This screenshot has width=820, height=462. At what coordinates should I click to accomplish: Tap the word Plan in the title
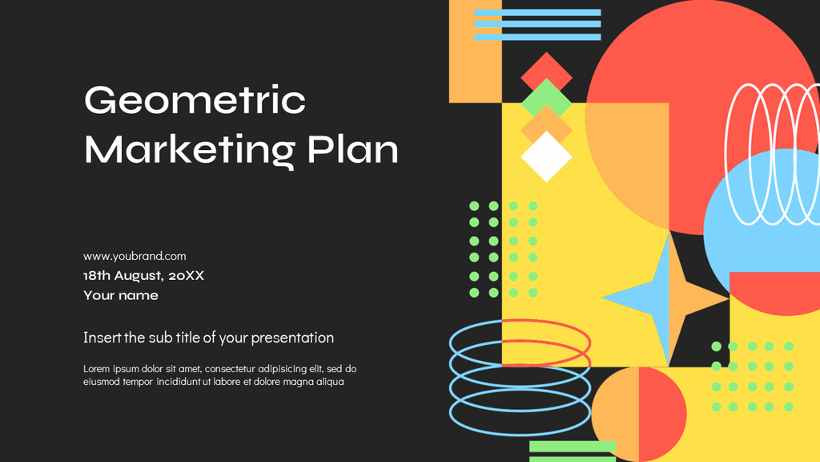point(352,150)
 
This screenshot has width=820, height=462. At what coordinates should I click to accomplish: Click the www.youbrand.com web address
point(135,256)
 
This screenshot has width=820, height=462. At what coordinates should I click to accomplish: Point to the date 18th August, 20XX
point(143,275)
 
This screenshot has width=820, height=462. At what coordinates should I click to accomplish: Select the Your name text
point(121,295)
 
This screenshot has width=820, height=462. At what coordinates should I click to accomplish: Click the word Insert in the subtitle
point(102,338)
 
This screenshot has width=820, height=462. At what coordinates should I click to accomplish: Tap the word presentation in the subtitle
point(292,338)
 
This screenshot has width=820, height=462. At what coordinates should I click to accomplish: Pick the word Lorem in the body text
point(98,369)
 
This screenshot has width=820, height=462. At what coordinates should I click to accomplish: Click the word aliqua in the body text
point(328,382)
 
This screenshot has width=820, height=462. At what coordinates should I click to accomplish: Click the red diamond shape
point(547,74)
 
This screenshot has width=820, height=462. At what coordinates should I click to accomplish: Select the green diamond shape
point(547,99)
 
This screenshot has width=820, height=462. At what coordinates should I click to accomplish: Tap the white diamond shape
point(547,157)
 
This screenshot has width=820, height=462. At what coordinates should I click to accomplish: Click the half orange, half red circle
point(638,413)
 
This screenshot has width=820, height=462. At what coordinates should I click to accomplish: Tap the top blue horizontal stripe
point(537,12)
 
